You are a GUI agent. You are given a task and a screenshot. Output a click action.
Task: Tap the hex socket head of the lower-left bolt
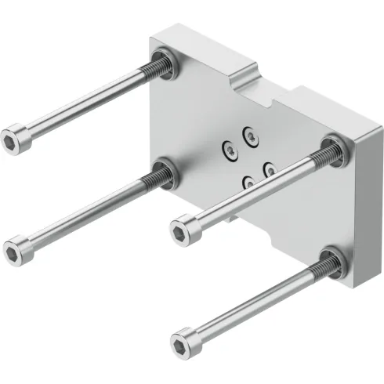coord(14,249)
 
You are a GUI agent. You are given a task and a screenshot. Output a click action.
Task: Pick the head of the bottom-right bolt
coord(182,342)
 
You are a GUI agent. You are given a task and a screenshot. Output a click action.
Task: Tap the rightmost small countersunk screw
coord(270,168)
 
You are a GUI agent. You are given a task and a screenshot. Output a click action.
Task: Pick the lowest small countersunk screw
coord(248,181)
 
